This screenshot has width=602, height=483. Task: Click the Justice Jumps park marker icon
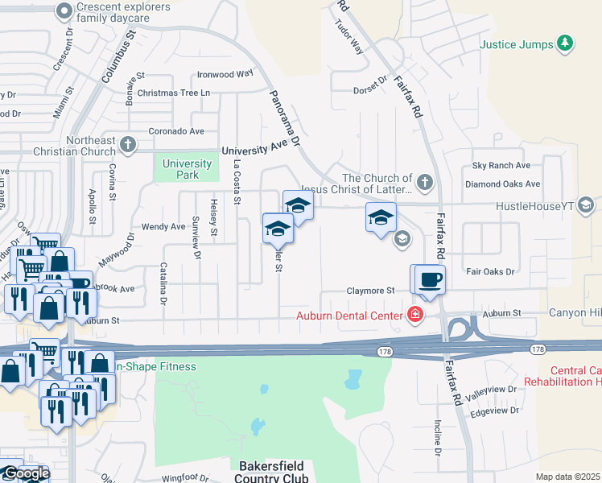(566, 43)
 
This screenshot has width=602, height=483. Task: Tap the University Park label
(187, 169)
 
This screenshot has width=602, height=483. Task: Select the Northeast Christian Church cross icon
(127, 145)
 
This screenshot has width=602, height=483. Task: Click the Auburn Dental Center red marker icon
(415, 314)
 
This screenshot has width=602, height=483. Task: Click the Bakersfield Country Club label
(273, 472)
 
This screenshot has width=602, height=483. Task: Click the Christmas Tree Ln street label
(173, 93)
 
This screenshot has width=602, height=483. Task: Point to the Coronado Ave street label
(176, 131)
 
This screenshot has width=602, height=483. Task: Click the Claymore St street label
(370, 291)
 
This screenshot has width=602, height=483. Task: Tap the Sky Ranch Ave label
(501, 165)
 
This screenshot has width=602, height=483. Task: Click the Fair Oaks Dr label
(489, 271)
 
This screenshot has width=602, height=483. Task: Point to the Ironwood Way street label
(225, 74)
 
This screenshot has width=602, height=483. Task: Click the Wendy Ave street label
(163, 227)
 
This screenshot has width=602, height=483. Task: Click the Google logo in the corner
(25, 474)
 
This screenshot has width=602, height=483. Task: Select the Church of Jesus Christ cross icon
(425, 182)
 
